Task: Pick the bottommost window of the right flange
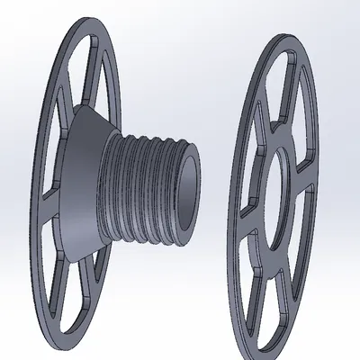click(x=270, y=292)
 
